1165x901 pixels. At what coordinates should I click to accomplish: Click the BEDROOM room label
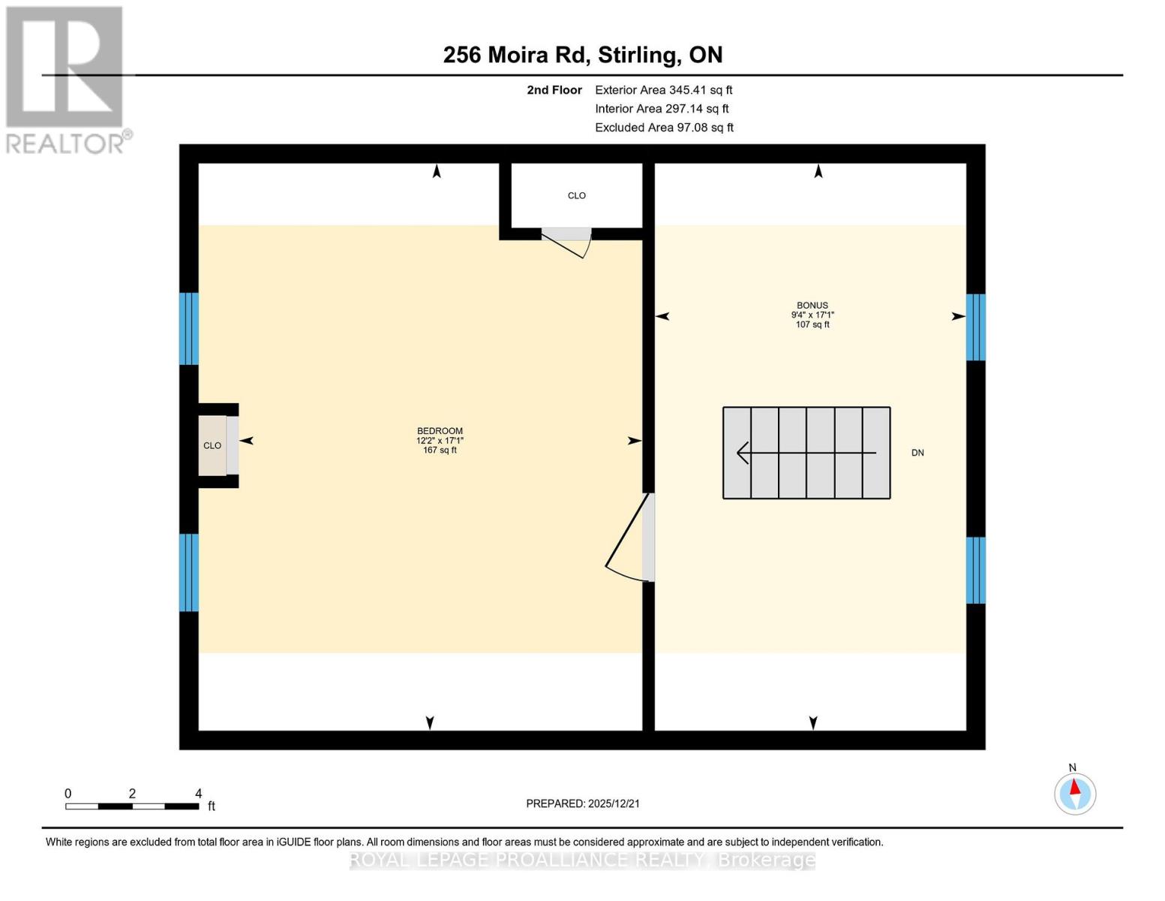[x=440, y=431]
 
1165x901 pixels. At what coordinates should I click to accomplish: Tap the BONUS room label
[x=812, y=306]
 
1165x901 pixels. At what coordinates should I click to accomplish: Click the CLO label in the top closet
[x=576, y=196]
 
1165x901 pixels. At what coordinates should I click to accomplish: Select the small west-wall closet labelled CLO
[x=212, y=446]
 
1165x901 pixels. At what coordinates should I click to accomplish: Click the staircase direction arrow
[x=806, y=453]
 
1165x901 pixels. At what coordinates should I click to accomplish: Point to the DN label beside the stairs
[x=917, y=453]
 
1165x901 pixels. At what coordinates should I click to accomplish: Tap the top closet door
[x=567, y=242]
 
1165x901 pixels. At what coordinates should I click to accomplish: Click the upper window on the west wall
[x=189, y=329]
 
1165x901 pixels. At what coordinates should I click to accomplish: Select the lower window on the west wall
[x=189, y=572]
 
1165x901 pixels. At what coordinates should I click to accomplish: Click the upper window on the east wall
[x=975, y=327]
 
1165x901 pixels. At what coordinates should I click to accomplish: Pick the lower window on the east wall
[x=975, y=570]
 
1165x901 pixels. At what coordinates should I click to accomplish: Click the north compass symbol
[x=1075, y=793]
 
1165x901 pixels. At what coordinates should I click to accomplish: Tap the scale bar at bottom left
[x=132, y=806]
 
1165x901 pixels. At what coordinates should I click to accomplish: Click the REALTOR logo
[x=66, y=79]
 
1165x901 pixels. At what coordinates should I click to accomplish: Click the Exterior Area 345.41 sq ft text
[x=663, y=90]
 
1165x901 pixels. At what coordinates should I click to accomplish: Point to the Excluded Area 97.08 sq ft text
[x=664, y=128]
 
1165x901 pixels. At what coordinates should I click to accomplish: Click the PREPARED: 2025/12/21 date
[x=583, y=803]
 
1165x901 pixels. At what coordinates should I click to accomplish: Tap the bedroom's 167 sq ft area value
[x=440, y=450]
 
